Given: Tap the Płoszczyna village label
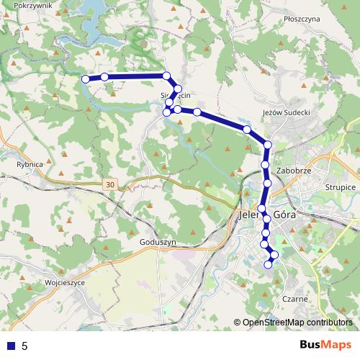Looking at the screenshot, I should pos(301,19).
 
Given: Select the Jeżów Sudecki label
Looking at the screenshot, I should pos(287,112).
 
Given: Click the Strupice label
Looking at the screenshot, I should pos(341,186).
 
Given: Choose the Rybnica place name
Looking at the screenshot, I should pos(30,164).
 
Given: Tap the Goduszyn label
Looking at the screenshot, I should pos(159,243).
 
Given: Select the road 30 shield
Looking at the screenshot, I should pos(109,185).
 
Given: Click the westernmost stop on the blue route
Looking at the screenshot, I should pos(86,78).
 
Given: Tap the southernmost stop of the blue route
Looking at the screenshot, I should pos(269,264).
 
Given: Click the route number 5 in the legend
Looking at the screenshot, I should pos(25,346).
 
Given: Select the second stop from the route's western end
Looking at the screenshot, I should pos(104,76).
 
